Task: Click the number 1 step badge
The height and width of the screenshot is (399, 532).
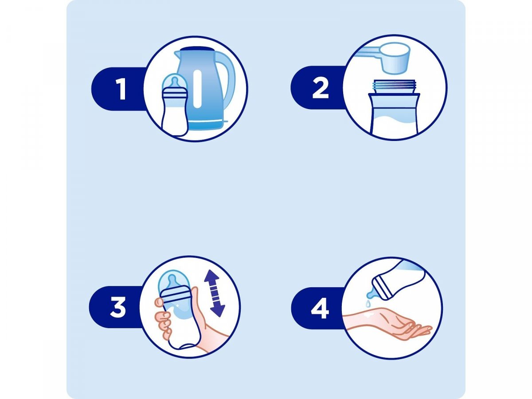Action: (121, 89)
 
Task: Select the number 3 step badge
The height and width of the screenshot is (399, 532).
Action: (118, 307)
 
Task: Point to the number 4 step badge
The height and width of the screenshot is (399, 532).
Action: (320, 309)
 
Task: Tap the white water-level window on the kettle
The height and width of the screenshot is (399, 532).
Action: (198, 89)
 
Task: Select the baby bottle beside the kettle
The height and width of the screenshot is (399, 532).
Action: (175, 106)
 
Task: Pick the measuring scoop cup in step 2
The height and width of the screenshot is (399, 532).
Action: (396, 59)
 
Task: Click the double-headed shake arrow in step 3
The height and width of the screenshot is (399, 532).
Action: (215, 293)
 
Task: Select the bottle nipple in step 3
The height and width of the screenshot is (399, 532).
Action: (172, 282)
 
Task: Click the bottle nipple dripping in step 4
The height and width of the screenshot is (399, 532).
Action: (372, 293)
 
